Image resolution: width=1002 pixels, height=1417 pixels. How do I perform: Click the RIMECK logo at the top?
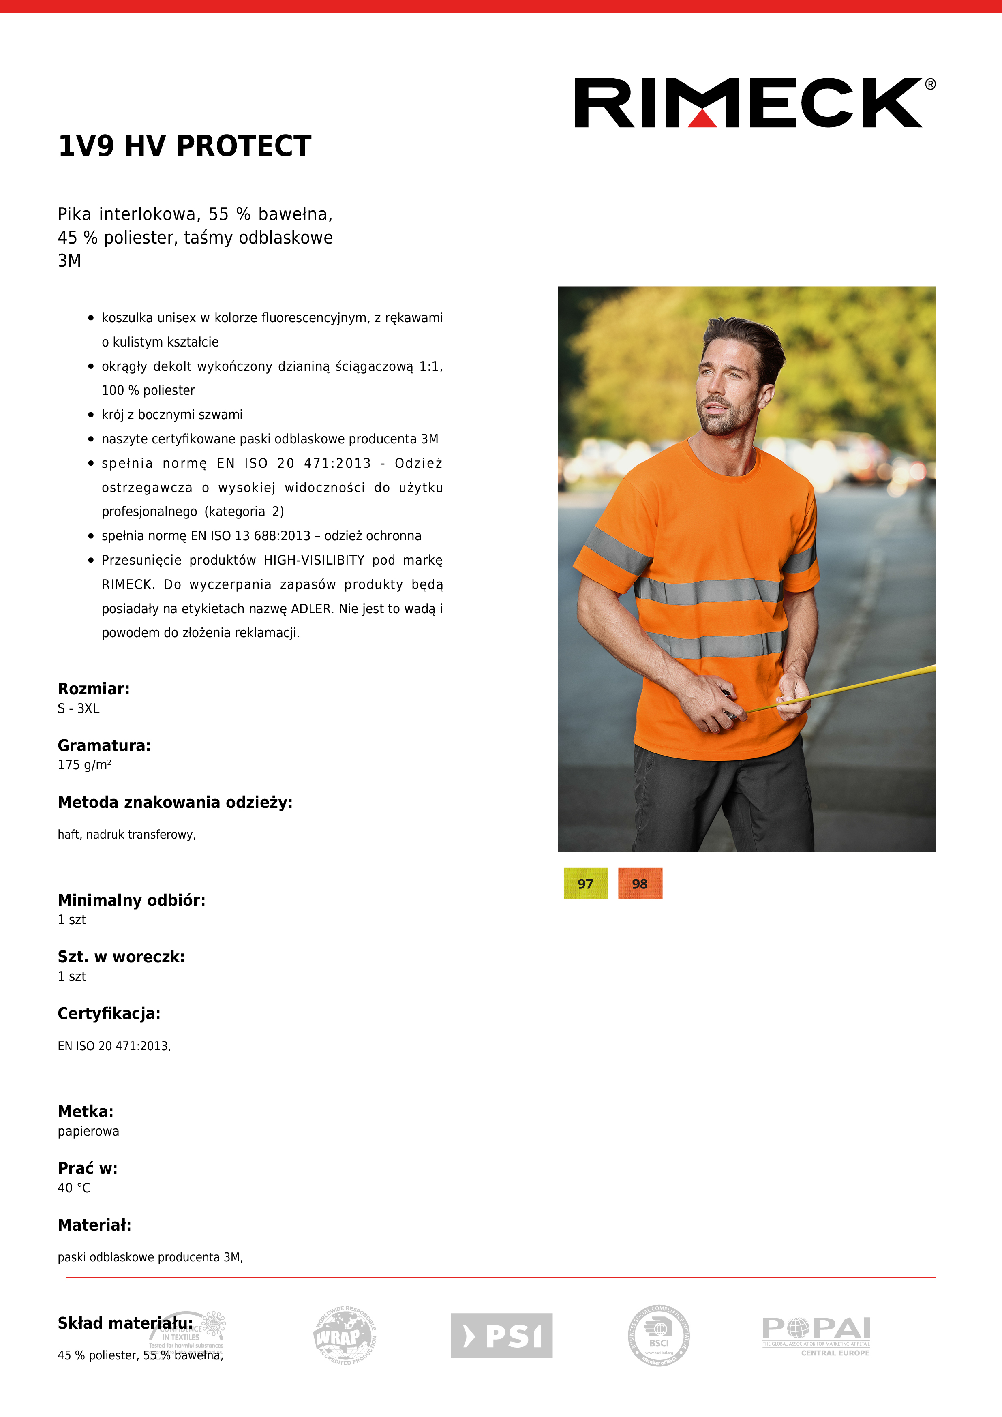[748, 103]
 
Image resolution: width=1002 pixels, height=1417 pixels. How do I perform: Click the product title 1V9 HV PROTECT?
[184, 146]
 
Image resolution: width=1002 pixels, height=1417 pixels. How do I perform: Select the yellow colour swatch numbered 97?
[585, 883]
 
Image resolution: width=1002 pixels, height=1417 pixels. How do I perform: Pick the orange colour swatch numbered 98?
[640, 883]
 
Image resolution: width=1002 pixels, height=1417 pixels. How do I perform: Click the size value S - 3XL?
[78, 708]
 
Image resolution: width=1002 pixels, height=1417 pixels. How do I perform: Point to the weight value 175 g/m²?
[85, 765]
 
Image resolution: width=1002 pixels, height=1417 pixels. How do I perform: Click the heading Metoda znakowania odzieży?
[175, 802]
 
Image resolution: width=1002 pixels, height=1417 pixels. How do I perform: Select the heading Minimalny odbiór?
[131, 901]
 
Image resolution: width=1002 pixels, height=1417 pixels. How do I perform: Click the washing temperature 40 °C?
[74, 1188]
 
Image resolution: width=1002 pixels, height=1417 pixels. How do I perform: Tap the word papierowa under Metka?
[88, 1131]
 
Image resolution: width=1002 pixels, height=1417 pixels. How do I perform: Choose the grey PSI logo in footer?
[501, 1336]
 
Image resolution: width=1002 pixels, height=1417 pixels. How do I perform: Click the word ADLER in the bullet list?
[312, 608]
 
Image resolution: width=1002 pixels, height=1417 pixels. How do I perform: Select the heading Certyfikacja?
[109, 1013]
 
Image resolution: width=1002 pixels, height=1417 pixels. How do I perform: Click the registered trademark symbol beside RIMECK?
[930, 85]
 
